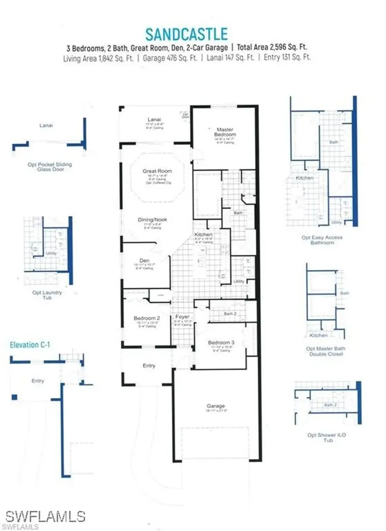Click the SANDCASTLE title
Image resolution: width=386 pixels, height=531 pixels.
(x=186, y=34)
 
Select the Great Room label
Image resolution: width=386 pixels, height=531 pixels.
(x=157, y=171)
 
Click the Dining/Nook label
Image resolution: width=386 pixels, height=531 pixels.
(x=152, y=219)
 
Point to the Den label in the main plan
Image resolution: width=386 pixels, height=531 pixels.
(x=145, y=260)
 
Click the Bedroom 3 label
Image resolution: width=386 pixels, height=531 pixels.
(x=222, y=343)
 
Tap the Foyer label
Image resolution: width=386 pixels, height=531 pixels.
(x=182, y=316)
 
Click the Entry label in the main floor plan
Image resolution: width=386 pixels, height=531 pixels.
(x=149, y=366)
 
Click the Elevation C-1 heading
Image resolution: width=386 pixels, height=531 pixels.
(x=31, y=344)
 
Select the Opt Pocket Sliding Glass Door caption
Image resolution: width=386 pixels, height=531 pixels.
(x=50, y=167)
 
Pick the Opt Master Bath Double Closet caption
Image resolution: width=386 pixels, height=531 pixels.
(x=325, y=351)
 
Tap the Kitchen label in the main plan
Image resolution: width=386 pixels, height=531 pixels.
(x=203, y=235)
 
